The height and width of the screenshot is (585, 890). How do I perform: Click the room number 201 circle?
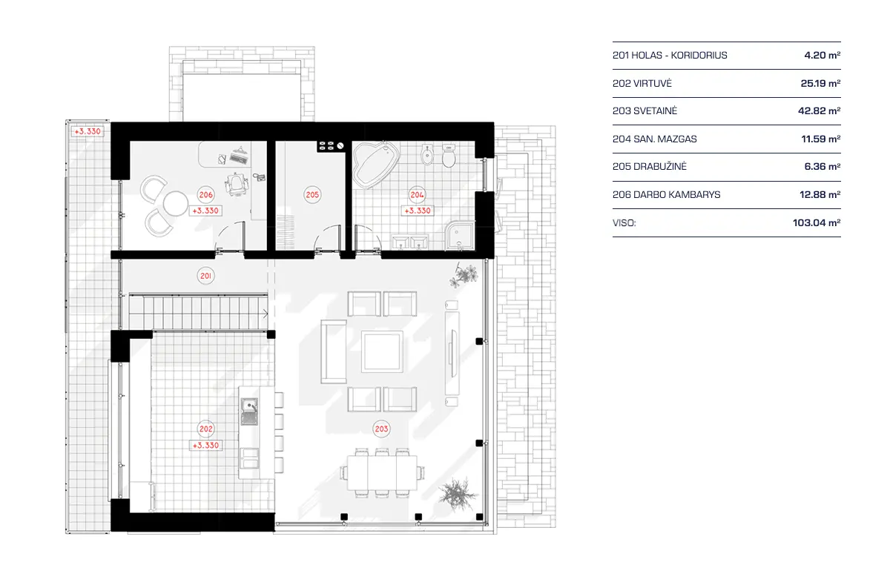tap(206, 276)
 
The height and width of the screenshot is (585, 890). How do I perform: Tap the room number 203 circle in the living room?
tap(382, 428)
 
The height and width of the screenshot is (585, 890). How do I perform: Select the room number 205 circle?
tap(312, 195)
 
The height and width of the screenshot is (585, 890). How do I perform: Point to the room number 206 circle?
tap(206, 195)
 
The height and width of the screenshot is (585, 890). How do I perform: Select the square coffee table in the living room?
tap(383, 351)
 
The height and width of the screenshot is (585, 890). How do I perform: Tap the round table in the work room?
tap(176, 203)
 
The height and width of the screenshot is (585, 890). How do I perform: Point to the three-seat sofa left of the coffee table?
tap(332, 351)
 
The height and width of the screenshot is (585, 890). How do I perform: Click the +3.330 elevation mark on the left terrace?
tap(86, 131)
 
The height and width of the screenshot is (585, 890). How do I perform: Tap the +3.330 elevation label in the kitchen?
tap(205, 446)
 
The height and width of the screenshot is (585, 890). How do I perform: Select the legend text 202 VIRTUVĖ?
tap(643, 84)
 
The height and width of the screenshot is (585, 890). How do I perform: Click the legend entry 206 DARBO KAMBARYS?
tap(666, 194)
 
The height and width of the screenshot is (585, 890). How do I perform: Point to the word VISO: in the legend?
tap(624, 222)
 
